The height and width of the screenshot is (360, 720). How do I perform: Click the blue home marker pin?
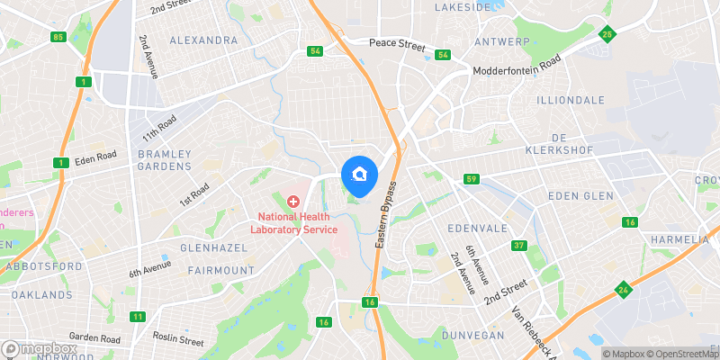point(359,175)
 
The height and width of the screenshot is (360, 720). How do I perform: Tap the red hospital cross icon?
point(292,202)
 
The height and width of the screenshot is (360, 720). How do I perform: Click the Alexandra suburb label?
point(203,40)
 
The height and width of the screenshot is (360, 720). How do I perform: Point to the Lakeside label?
point(463,6)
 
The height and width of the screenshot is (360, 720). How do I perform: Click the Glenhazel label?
point(207,247)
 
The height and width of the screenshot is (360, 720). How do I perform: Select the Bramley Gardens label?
point(165,160)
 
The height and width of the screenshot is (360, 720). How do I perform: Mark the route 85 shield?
point(59,37)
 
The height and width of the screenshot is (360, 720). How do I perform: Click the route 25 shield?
point(608,35)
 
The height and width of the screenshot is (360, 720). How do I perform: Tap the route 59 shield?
point(471,180)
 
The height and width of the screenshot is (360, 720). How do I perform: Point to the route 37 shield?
point(518,246)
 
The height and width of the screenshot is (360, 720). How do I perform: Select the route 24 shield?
point(623,290)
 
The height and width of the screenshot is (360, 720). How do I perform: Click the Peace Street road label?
point(398,43)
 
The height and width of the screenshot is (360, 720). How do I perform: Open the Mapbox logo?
point(40,349)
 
